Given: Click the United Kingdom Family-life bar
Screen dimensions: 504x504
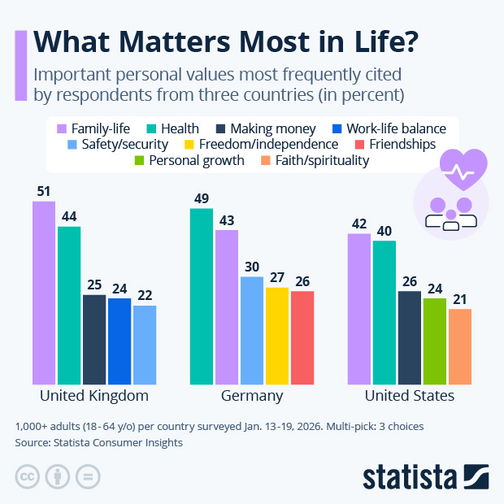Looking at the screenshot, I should pos(44,293).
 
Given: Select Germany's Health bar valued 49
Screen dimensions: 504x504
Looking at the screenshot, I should pos(202,297).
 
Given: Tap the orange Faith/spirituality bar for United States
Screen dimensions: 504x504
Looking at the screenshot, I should pos(460,346).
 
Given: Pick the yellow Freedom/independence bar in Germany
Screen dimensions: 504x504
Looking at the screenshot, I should pos(277,335).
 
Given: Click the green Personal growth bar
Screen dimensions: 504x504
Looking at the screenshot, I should pos(435,341).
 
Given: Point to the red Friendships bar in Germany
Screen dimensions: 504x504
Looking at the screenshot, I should pos(302,337).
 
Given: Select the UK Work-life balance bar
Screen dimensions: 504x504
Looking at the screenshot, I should pos(119,341).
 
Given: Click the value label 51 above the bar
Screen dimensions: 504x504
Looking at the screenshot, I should pos(44,192).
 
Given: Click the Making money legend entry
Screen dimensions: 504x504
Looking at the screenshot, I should pos(265,128).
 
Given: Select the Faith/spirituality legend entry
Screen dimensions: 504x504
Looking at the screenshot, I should pos(315,160).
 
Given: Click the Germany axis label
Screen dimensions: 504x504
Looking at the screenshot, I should pos(252,396).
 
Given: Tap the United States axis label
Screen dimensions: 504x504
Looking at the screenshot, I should pos(409,396).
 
